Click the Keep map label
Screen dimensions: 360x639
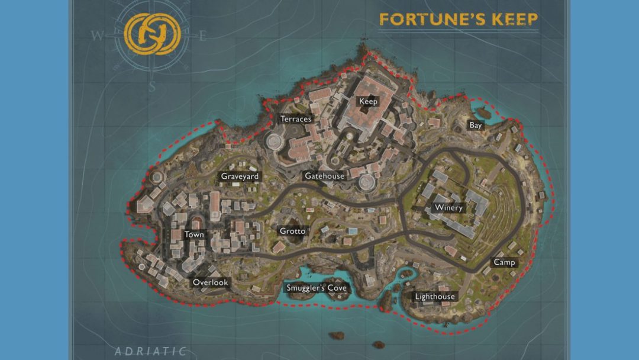[x=368, y=101]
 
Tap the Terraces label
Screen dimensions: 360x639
[x=296, y=119]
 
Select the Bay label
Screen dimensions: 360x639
[x=476, y=126]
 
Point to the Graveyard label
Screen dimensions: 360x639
[x=240, y=176]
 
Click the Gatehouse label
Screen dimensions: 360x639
[x=324, y=176]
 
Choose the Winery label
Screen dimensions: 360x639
[x=448, y=208]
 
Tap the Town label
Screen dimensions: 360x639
[x=194, y=234]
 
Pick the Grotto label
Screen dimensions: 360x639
[x=292, y=231]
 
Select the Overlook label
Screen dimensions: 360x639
[x=210, y=282]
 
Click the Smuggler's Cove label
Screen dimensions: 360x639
[x=317, y=288]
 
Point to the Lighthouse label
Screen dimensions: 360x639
[x=435, y=297]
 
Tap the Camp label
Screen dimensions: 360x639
[x=504, y=262]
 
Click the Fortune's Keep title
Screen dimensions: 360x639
[x=459, y=20]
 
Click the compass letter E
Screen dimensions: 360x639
[x=202, y=36]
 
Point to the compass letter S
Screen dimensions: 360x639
[x=152, y=86]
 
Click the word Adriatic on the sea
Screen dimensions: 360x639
[x=151, y=351]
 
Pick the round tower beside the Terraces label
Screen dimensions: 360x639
[x=275, y=141]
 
